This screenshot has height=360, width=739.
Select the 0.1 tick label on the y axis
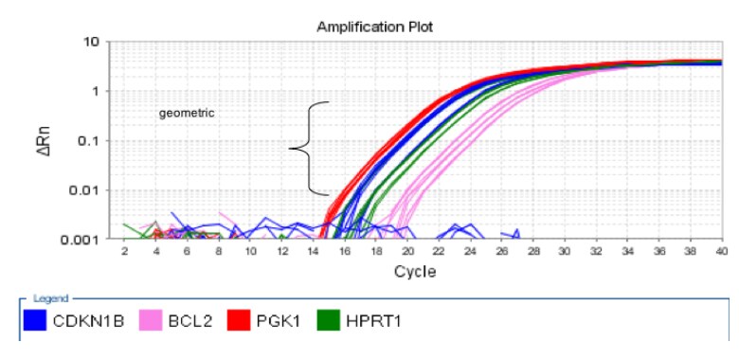point(89,141)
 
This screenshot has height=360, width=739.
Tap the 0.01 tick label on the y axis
point(86,190)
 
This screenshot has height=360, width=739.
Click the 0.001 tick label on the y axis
point(83,240)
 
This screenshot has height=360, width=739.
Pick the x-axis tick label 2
point(124,252)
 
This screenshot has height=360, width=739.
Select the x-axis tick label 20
point(406,252)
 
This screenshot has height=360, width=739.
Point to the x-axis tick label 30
point(564,252)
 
